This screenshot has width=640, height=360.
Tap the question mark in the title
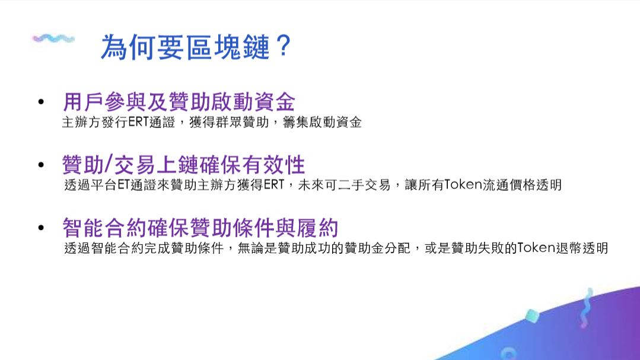click(283, 46)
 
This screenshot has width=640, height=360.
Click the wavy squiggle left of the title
click(53, 39)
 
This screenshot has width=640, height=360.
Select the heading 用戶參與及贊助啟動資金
click(179, 101)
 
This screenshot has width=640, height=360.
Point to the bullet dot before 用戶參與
click(41, 101)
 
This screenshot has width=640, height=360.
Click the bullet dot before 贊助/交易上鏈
click(41, 165)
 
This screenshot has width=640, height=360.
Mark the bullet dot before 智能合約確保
click(41, 228)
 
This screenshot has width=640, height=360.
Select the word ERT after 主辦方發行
click(139, 122)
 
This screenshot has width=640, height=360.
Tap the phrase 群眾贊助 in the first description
click(243, 122)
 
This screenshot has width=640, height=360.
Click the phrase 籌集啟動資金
click(322, 122)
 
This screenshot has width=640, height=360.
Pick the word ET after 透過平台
click(124, 185)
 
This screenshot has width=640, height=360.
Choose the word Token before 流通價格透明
click(463, 185)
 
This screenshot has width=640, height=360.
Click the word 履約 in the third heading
click(317, 228)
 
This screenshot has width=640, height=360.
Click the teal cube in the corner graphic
click(532, 316)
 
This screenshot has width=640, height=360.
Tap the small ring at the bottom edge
click(508, 354)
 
